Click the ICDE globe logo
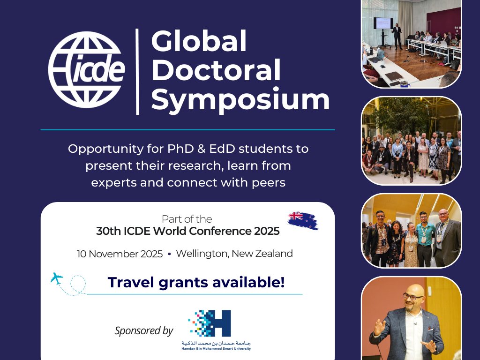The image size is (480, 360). pyautogui.click(x=87, y=70)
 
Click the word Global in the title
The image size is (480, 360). pyautogui.click(x=199, y=41)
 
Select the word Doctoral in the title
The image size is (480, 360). pyautogui.click(x=216, y=70)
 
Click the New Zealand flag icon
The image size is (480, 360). pyautogui.click(x=303, y=220)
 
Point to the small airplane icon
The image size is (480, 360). pyautogui.click(x=57, y=278)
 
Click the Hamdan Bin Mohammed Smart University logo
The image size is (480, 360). pyautogui.click(x=216, y=330)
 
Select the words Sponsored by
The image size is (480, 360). pyautogui.click(x=144, y=330)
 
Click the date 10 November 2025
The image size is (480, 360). pyautogui.click(x=120, y=254)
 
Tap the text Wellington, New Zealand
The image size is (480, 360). pyautogui.click(x=234, y=254)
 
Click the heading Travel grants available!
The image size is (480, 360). pyautogui.click(x=196, y=282)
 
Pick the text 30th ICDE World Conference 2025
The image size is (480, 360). pyautogui.click(x=187, y=231)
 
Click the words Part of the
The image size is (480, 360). pyautogui.click(x=187, y=219)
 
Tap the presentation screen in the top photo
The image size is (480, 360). pyautogui.click(x=383, y=23)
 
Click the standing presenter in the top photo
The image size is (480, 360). pyautogui.click(x=397, y=37)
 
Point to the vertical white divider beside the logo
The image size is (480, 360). pyautogui.click(x=137, y=72)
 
